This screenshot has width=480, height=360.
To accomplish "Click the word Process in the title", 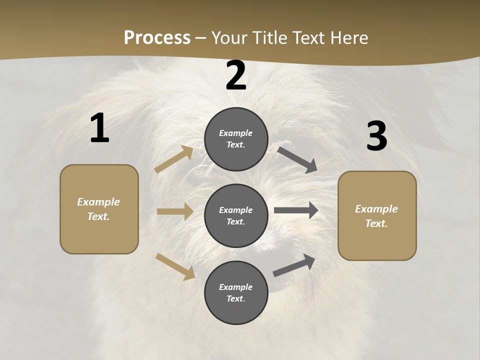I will pos(157,38).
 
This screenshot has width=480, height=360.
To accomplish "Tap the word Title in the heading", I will pos(268,38).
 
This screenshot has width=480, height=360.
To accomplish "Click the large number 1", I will pos(99,128).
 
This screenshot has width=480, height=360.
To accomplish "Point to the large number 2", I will pos(236,76).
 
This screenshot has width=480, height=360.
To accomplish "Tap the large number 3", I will pos(376,136).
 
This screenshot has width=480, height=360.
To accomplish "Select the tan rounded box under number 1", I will pos(99,209).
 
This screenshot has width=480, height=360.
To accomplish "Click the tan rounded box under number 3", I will pos(377,215).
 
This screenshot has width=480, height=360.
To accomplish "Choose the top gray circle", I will pos(236,139).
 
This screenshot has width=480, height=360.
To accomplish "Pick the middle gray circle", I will pos(236,215).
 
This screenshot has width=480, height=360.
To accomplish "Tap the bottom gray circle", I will pos(236,292).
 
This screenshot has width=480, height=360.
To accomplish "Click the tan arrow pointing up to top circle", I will pos(174,159).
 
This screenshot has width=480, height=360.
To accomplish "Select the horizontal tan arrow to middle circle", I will pos(175,211).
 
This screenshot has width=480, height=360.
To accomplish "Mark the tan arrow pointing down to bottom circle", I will pos(175,266).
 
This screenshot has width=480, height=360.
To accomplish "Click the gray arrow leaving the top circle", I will pos(297,159).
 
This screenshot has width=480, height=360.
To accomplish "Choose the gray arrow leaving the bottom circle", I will pos(294,265).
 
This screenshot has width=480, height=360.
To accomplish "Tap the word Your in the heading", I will pos(229,38).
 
